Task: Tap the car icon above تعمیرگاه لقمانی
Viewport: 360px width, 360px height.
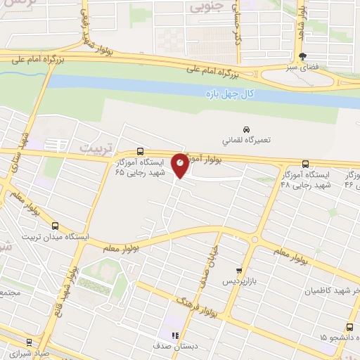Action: [x=245, y=129]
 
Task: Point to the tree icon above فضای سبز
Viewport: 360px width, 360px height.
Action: [x=303, y=57]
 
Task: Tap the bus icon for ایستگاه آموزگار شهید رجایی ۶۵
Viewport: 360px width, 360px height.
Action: [x=140, y=151]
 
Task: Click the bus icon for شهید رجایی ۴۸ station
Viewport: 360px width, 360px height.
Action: [x=304, y=162]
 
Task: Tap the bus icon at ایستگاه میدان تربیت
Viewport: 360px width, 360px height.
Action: [x=55, y=227]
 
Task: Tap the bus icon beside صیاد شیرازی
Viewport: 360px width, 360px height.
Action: [x=29, y=342]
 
